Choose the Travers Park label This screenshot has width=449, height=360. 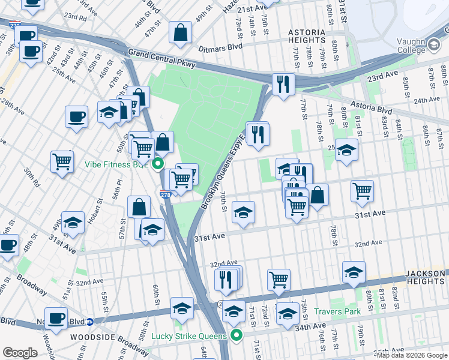(x=337, y=311)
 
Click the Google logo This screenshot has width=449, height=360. (x=20, y=352)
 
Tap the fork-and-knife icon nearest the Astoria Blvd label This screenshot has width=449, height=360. (x=283, y=84)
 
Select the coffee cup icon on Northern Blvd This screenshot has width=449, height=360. (x=56, y=317)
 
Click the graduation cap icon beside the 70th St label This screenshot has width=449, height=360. (x=243, y=212)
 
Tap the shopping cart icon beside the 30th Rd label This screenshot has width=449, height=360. (x=62, y=161)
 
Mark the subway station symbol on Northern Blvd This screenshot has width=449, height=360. (x=89, y=322)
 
